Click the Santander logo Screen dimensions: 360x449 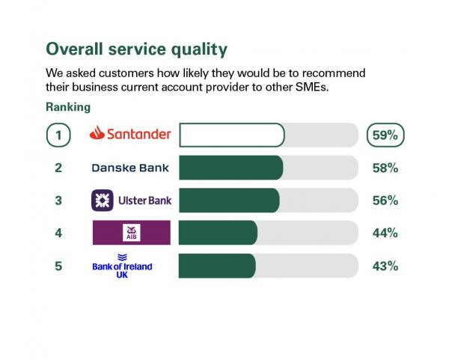point(130,135)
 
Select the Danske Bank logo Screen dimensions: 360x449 point(130,168)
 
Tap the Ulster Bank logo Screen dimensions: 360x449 point(130,201)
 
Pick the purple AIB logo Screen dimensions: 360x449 point(131,233)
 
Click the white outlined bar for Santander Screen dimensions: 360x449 point(232,135)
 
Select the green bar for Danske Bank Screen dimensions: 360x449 point(230,168)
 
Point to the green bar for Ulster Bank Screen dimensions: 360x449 point(229,201)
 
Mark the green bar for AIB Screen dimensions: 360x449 point(218,233)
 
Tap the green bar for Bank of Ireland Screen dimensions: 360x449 point(217,266)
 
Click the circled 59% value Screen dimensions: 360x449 point(385,135)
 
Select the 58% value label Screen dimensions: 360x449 point(385,168)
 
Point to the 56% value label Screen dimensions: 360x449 point(385,201)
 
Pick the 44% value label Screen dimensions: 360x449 point(385,234)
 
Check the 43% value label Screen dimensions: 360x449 point(385,266)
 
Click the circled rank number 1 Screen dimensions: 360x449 point(58,135)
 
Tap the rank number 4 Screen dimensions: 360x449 point(58,234)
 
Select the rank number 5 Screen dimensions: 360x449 point(58,266)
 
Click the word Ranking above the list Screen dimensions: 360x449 point(68,107)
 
